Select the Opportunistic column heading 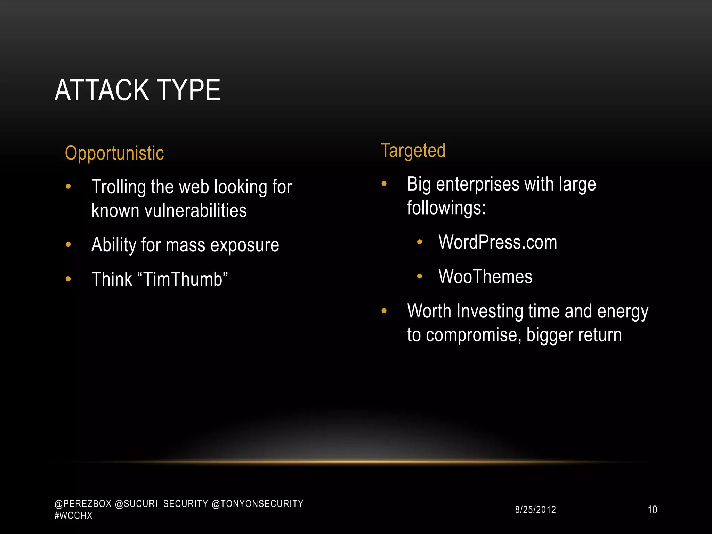pos(114,153)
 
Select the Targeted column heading pos(413,151)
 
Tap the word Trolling pos(119,187)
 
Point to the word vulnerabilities pos(195,211)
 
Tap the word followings pos(445,208)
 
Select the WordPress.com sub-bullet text pos(497,242)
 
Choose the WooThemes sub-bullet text pos(485,276)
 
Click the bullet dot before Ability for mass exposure pos(68,245)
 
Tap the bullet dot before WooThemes pos(420,276)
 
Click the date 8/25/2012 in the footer pos(535,510)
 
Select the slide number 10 pos(652,510)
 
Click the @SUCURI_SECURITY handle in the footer pos(161,504)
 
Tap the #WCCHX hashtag pos(73,516)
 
